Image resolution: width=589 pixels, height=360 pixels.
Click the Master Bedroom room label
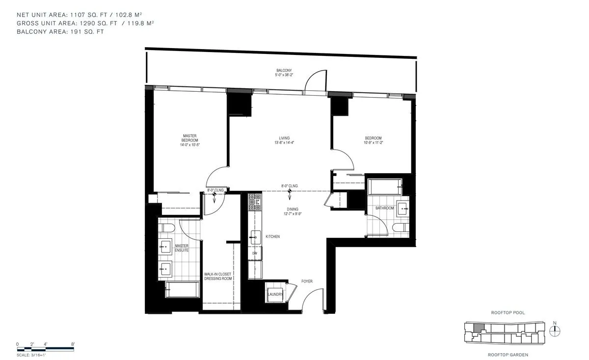pyautogui.click(x=190, y=138)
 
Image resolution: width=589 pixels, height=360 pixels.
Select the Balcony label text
pyautogui.click(x=284, y=71)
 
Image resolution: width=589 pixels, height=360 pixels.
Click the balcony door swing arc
pyautogui.click(x=314, y=81)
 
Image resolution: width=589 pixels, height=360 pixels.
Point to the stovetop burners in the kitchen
pyautogui.click(x=254, y=201)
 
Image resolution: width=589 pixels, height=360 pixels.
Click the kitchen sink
pyautogui.click(x=255, y=237)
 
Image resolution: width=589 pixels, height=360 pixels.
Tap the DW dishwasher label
pyautogui.click(x=255, y=254)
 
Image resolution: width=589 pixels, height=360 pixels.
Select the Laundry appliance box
pyautogui.click(x=275, y=294)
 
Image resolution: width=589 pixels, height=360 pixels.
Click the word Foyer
pyautogui.click(x=307, y=282)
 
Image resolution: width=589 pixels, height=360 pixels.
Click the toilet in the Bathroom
pyautogui.click(x=399, y=226)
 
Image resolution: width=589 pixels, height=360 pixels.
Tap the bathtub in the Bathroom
pyautogui.click(x=384, y=187)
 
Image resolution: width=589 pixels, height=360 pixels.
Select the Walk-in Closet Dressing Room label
pyautogui.click(x=218, y=276)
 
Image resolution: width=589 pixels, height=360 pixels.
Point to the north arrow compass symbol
pyautogui.click(x=555, y=331)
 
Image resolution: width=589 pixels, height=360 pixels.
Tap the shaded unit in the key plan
pyautogui.click(x=478, y=327)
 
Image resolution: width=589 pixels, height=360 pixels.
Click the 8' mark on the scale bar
pyautogui.click(x=73, y=344)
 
